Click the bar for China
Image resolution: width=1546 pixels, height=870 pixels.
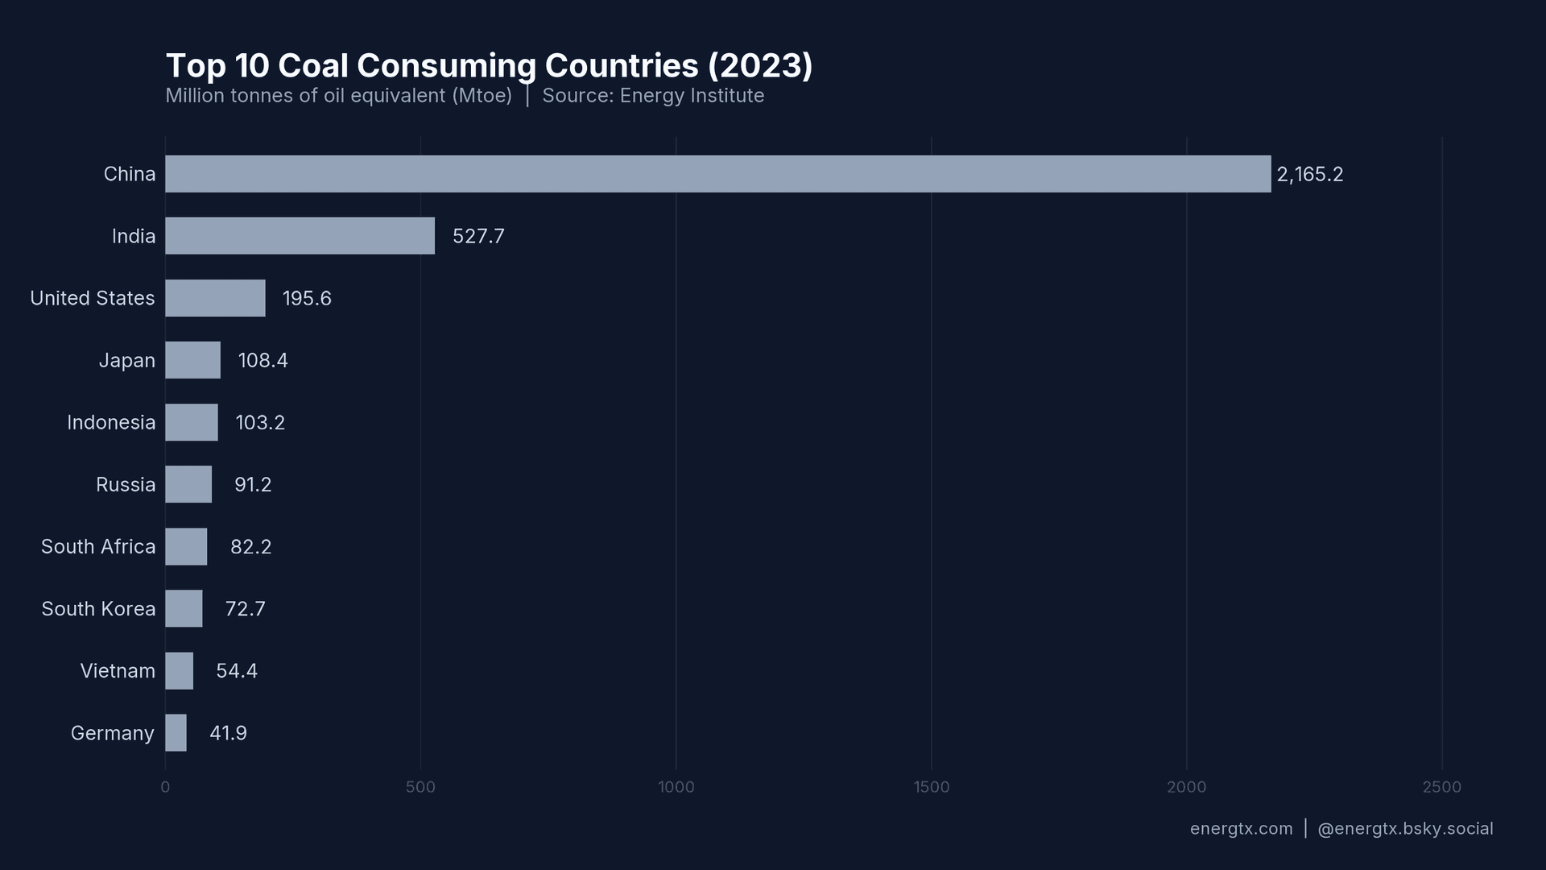[x=717, y=174]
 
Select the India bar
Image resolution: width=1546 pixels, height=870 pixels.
[x=300, y=236]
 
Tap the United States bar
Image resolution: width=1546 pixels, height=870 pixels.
[x=215, y=298]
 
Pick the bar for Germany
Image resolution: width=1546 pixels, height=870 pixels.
[x=176, y=733]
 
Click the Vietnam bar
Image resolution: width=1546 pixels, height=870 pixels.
[x=179, y=671]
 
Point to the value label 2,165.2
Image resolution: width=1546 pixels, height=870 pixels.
[x=1309, y=175]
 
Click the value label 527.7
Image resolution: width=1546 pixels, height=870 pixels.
[x=478, y=236]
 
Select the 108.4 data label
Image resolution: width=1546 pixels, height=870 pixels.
[x=262, y=360]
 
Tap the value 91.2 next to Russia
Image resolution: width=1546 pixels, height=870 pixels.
[x=253, y=485]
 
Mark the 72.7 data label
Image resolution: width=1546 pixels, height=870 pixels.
[x=245, y=609]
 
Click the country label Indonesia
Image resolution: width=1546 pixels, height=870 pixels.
[x=111, y=423]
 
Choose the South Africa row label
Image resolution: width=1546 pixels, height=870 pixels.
[x=98, y=547]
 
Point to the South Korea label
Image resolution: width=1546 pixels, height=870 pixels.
[x=98, y=609]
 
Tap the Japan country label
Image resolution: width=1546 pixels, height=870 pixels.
[x=126, y=360]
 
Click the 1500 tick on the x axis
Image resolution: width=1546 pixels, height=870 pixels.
[x=931, y=787]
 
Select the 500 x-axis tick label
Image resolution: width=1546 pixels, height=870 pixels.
[x=420, y=787]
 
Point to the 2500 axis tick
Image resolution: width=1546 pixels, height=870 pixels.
[x=1441, y=787]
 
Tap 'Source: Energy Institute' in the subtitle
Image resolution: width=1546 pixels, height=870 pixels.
[x=653, y=96]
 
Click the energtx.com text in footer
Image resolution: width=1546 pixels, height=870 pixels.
[x=1241, y=829]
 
